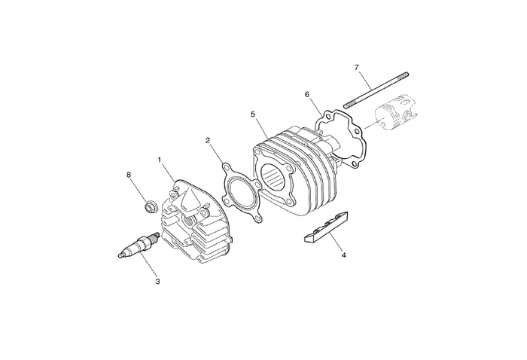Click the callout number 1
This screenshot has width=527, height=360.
[160, 160]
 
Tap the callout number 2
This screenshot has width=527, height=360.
[209, 140]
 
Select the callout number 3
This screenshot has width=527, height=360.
[157, 282]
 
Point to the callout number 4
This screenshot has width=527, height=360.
[343, 255]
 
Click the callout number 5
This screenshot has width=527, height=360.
[254, 114]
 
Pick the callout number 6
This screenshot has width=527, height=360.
[307, 95]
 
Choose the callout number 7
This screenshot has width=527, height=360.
[356, 69]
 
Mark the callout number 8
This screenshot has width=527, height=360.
[129, 175]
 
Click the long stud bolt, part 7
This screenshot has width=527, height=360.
[377, 90]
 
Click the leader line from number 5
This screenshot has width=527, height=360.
[263, 128]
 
